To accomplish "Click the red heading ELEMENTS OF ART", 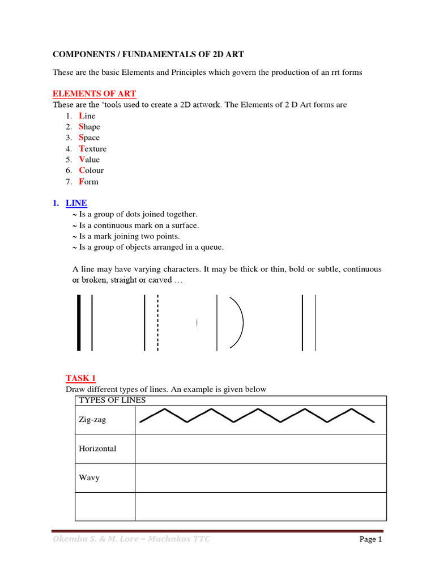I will point(94,94).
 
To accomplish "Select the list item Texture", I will point(92,148).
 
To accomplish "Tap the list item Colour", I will point(91,170).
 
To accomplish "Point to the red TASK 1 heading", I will point(80,378).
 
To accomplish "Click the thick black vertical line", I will point(79,322).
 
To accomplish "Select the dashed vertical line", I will point(157,322).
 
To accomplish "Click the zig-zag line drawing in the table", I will point(257,416).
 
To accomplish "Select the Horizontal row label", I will point(97,449).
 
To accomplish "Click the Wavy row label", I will point(89,477).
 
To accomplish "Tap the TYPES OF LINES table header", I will point(112,400).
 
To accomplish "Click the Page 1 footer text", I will point(371,540).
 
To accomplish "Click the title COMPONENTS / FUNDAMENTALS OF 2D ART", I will point(148,54).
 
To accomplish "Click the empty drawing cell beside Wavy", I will point(261,477).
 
